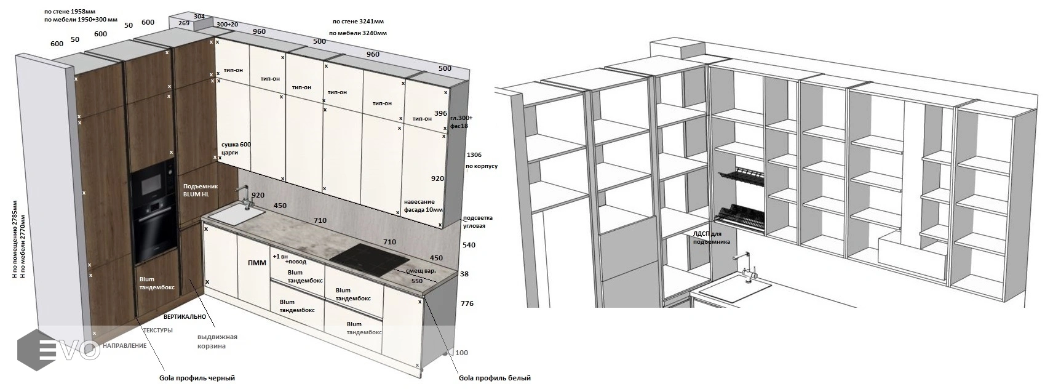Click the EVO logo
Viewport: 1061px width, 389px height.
pos(58,349)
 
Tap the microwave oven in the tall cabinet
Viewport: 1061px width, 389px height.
pos(151,181)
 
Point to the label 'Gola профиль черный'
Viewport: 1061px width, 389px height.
pos(197,378)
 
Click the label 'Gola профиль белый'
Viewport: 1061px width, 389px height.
pos(495,378)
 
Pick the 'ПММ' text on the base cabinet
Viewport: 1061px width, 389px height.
pos(256,263)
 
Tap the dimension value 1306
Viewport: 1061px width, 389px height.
pos(474,155)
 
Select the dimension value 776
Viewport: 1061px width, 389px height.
pos(467,303)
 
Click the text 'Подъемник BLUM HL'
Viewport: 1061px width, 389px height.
pos(196,189)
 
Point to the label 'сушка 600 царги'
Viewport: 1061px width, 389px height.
pos(236,148)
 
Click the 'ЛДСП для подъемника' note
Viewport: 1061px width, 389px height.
pos(711,238)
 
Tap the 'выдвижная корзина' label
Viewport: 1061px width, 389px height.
pos(217,341)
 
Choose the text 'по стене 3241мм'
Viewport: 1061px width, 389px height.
pos(357,22)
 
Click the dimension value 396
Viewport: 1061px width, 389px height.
pos(440,113)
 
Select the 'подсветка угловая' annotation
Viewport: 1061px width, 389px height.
pos(477,222)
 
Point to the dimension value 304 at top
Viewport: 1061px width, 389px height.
pos(199,16)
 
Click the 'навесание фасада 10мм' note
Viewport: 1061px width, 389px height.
pos(423,206)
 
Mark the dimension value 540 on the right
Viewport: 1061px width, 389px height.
pos(469,245)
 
